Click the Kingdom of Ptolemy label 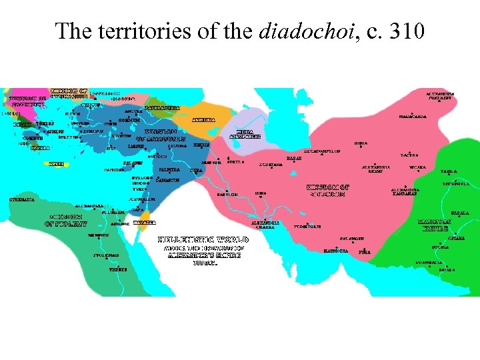tap(68, 220)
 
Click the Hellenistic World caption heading tap(203, 239)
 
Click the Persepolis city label tap(307, 227)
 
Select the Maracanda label tap(413, 117)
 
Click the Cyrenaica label tap(22, 199)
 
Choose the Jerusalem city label tap(143, 199)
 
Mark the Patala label tap(447, 270)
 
